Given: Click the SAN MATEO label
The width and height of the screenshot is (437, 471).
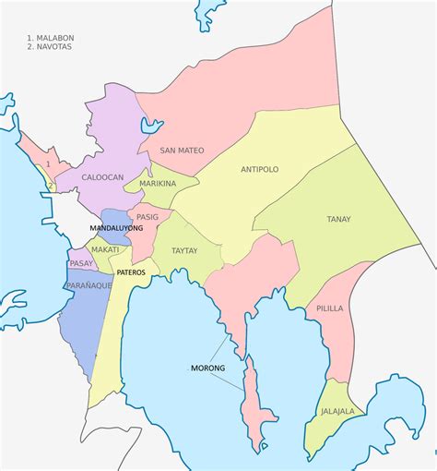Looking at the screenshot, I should pos(182,150).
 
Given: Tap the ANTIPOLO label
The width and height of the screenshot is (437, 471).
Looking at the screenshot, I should pos(259,170).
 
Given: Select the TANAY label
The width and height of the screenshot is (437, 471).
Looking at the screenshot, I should pos(337,220).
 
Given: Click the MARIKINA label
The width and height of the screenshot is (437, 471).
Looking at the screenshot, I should pos(158,185).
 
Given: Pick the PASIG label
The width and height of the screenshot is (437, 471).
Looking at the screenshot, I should pos(149,216).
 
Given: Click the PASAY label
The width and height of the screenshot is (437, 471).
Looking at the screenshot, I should pos(81,263).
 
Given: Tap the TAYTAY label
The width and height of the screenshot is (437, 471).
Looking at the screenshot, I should pos(184,249).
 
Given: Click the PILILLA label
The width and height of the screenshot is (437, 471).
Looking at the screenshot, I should pos(331,309).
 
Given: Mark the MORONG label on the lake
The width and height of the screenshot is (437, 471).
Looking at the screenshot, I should pos(207,369).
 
